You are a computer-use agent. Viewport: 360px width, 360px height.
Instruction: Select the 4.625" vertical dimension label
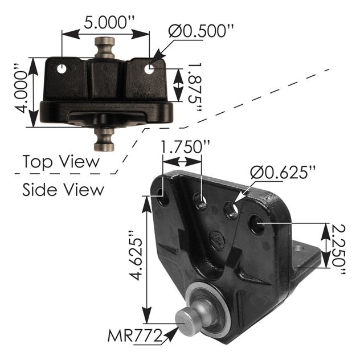(x=132, y=256)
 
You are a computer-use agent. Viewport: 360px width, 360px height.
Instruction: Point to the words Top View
(x=61, y=162)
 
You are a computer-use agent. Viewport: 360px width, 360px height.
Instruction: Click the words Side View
(x=63, y=189)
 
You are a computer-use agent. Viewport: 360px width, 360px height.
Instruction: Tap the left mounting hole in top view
(x=61, y=69)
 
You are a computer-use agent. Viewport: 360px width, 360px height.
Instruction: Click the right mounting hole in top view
(x=149, y=69)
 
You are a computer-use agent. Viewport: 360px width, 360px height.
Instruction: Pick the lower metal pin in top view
(x=104, y=137)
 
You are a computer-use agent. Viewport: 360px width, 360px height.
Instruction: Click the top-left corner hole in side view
(x=163, y=201)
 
